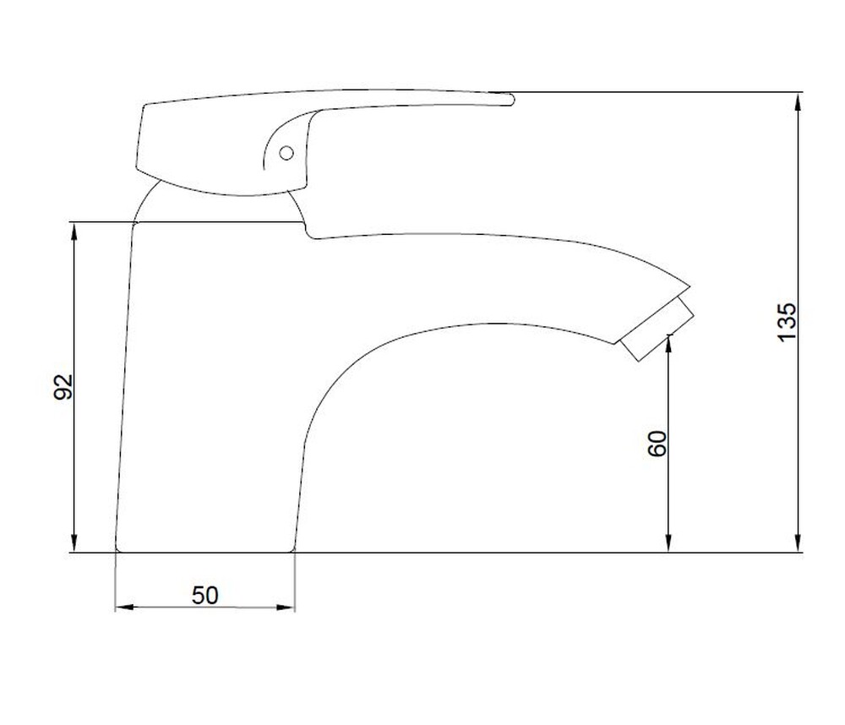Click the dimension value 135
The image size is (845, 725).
[x=787, y=322]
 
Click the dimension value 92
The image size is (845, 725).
[x=63, y=386]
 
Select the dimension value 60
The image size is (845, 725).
[x=657, y=444]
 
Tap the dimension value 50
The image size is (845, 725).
[x=204, y=595]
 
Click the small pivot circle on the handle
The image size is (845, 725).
[x=286, y=153]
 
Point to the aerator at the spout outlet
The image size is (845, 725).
[x=657, y=328]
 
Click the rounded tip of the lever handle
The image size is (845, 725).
[x=511, y=100]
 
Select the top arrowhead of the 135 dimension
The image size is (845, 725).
[x=799, y=102]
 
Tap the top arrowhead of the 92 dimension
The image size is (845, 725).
[x=74, y=232]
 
